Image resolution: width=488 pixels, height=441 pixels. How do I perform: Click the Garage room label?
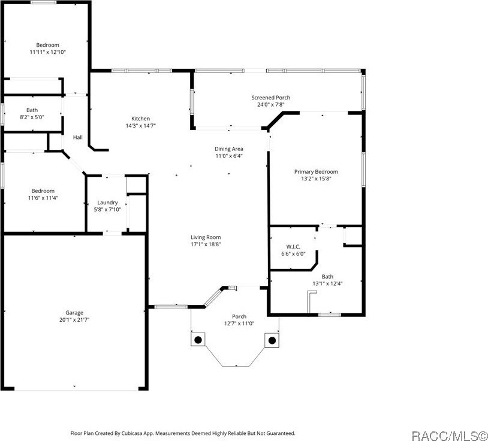74,312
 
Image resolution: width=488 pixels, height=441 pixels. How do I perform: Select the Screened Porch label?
270,98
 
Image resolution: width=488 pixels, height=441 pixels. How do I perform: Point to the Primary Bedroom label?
316,171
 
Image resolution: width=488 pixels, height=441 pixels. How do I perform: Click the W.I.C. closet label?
293,246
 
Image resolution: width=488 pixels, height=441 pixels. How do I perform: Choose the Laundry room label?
107,203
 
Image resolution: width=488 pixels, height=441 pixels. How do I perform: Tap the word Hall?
78,137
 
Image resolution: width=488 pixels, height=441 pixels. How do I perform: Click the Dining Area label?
229,149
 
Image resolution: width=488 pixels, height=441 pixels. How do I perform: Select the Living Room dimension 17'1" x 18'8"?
206,244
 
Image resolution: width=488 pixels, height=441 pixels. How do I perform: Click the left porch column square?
197,340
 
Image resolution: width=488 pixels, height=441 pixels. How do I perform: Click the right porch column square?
272,340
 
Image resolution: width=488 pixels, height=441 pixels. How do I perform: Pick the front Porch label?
239,316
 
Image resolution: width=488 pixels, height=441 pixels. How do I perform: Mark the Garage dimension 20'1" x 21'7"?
74,319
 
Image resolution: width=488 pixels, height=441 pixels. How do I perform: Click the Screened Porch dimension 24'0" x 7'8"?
270,105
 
